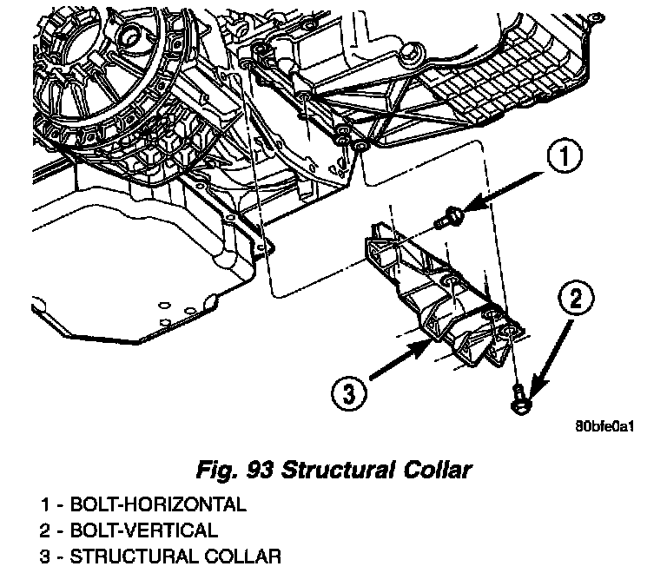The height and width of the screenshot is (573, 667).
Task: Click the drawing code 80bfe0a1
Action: (605, 427)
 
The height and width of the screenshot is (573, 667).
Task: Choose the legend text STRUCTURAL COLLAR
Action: (175, 556)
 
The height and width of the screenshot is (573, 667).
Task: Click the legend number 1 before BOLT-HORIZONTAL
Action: (44, 504)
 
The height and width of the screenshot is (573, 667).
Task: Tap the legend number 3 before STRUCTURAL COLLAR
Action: (44, 556)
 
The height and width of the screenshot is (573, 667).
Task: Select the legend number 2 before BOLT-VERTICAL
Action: (44, 530)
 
